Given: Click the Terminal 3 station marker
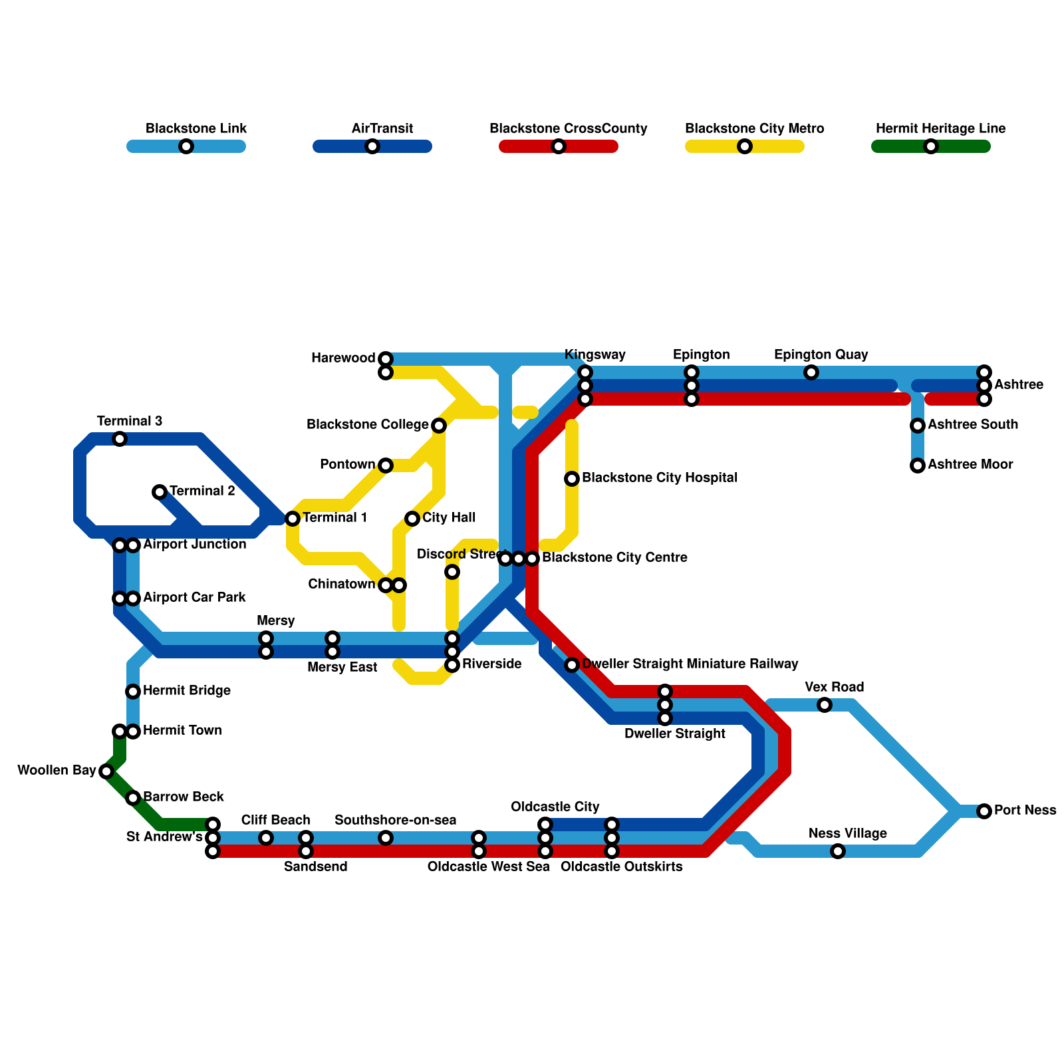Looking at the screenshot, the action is [x=120, y=439].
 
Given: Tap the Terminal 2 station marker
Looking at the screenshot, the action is [x=159, y=492].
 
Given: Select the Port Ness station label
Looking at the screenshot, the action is [x=1025, y=810].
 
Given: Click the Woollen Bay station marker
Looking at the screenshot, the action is [x=106, y=771].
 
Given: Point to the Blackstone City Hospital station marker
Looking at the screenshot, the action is [x=572, y=479].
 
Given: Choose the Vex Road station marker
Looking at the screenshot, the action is [x=825, y=705].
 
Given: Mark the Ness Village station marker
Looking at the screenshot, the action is [x=838, y=851].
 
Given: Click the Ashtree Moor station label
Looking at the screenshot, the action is [x=970, y=464].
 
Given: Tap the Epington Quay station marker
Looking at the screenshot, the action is [x=811, y=372].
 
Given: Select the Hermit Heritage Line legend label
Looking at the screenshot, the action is [x=940, y=128].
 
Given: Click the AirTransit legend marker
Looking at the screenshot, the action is [x=372, y=146].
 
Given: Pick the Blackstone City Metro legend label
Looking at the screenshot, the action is [x=754, y=128].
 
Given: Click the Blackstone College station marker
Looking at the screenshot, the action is [x=439, y=426].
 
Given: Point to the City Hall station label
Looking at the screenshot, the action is [x=449, y=517].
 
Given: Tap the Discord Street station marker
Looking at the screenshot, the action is [x=452, y=572].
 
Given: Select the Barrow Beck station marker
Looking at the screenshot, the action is [x=133, y=798].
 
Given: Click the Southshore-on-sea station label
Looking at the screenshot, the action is [x=395, y=820].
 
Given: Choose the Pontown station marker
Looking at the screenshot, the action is [x=386, y=465].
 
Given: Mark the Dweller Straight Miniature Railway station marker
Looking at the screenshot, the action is [x=572, y=665].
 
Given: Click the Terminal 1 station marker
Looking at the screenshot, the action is [x=293, y=519].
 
